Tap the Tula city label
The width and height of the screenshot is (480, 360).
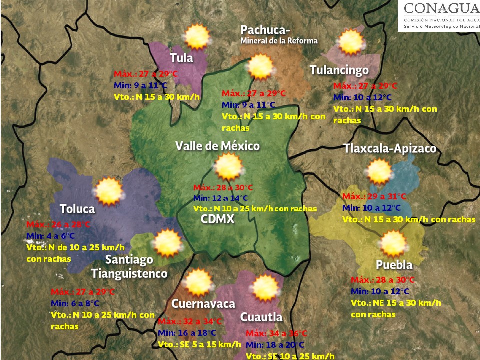[x=181, y=58]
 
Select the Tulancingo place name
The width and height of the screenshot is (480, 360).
[x=339, y=70]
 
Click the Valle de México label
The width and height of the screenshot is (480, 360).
[x=217, y=146]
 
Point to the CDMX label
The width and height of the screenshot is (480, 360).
[x=217, y=219]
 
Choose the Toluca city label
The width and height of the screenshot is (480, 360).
[x=77, y=208]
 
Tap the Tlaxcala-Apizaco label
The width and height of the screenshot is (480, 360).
[x=390, y=149]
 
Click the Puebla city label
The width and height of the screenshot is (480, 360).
[x=394, y=264]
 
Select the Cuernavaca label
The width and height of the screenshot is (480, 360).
[x=203, y=304]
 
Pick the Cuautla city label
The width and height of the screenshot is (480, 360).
[x=261, y=317]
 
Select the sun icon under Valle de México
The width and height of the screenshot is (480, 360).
[x=229, y=167]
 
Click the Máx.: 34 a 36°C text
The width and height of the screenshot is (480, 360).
[x=276, y=333]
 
